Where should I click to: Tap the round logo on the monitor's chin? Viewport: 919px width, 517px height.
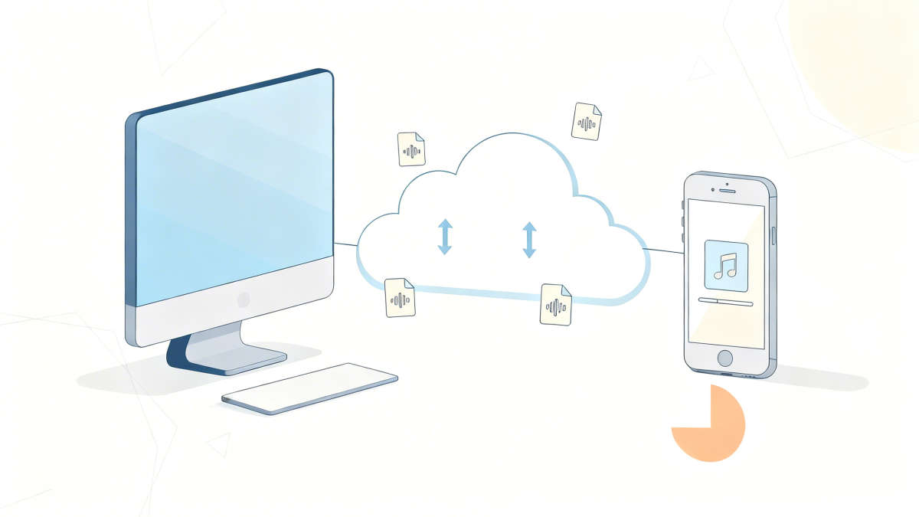point(244,299)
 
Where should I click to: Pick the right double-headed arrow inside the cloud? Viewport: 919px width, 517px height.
point(528,239)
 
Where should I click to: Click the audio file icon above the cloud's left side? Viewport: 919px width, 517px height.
point(411,149)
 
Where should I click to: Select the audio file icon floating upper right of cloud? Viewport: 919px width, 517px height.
point(587,121)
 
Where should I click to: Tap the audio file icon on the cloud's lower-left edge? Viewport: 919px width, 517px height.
point(399,298)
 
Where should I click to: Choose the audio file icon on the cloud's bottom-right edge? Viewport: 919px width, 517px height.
point(556,304)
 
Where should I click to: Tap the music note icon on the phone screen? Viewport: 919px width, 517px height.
point(725,265)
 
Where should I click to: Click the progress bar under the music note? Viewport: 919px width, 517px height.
point(725,303)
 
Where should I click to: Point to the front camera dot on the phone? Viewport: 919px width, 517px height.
point(713,188)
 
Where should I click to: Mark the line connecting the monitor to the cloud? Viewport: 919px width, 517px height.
point(345,245)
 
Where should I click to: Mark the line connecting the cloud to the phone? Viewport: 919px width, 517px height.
point(663,250)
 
